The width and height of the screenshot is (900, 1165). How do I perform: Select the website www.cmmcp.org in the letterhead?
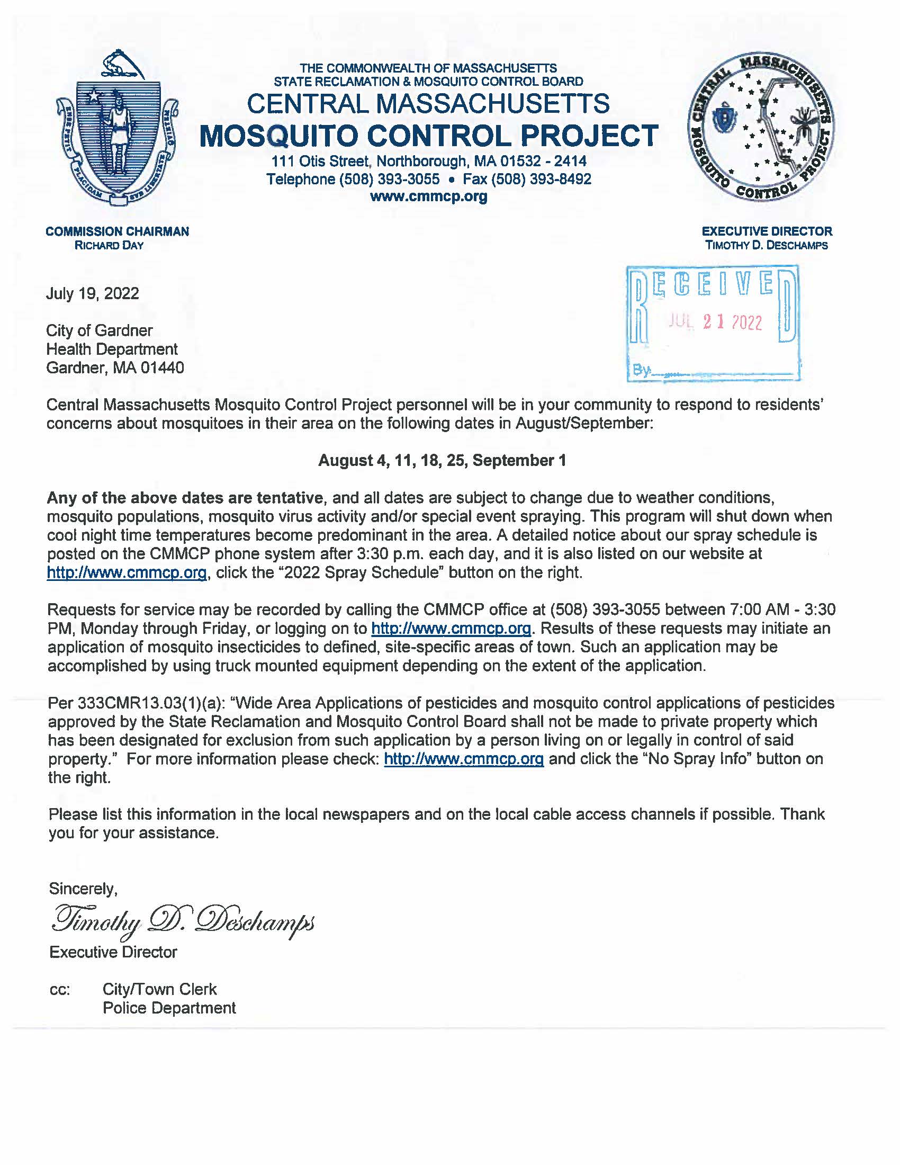(x=429, y=197)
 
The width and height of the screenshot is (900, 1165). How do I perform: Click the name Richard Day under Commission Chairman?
(x=109, y=245)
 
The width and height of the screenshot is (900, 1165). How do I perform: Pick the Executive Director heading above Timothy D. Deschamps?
(x=767, y=231)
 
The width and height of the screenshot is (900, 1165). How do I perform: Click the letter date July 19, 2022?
(x=92, y=293)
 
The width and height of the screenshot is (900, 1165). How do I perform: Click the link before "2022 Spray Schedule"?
(x=127, y=572)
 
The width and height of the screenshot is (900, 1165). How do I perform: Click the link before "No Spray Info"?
(x=463, y=758)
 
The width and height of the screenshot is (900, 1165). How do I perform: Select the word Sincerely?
(x=83, y=888)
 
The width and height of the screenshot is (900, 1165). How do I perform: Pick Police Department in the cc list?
(x=169, y=1008)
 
